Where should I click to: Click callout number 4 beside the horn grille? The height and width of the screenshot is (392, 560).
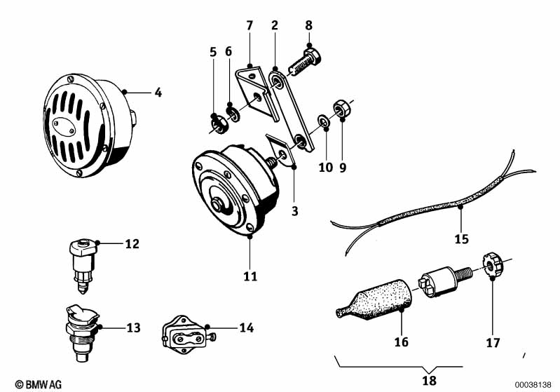(158, 92)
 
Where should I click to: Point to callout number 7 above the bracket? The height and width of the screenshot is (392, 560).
(249, 26)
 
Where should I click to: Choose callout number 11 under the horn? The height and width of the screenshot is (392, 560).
(250, 276)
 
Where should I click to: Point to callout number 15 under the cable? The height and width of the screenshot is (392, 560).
(460, 238)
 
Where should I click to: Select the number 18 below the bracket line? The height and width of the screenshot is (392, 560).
(429, 381)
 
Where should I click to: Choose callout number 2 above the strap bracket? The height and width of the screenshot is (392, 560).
(275, 26)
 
